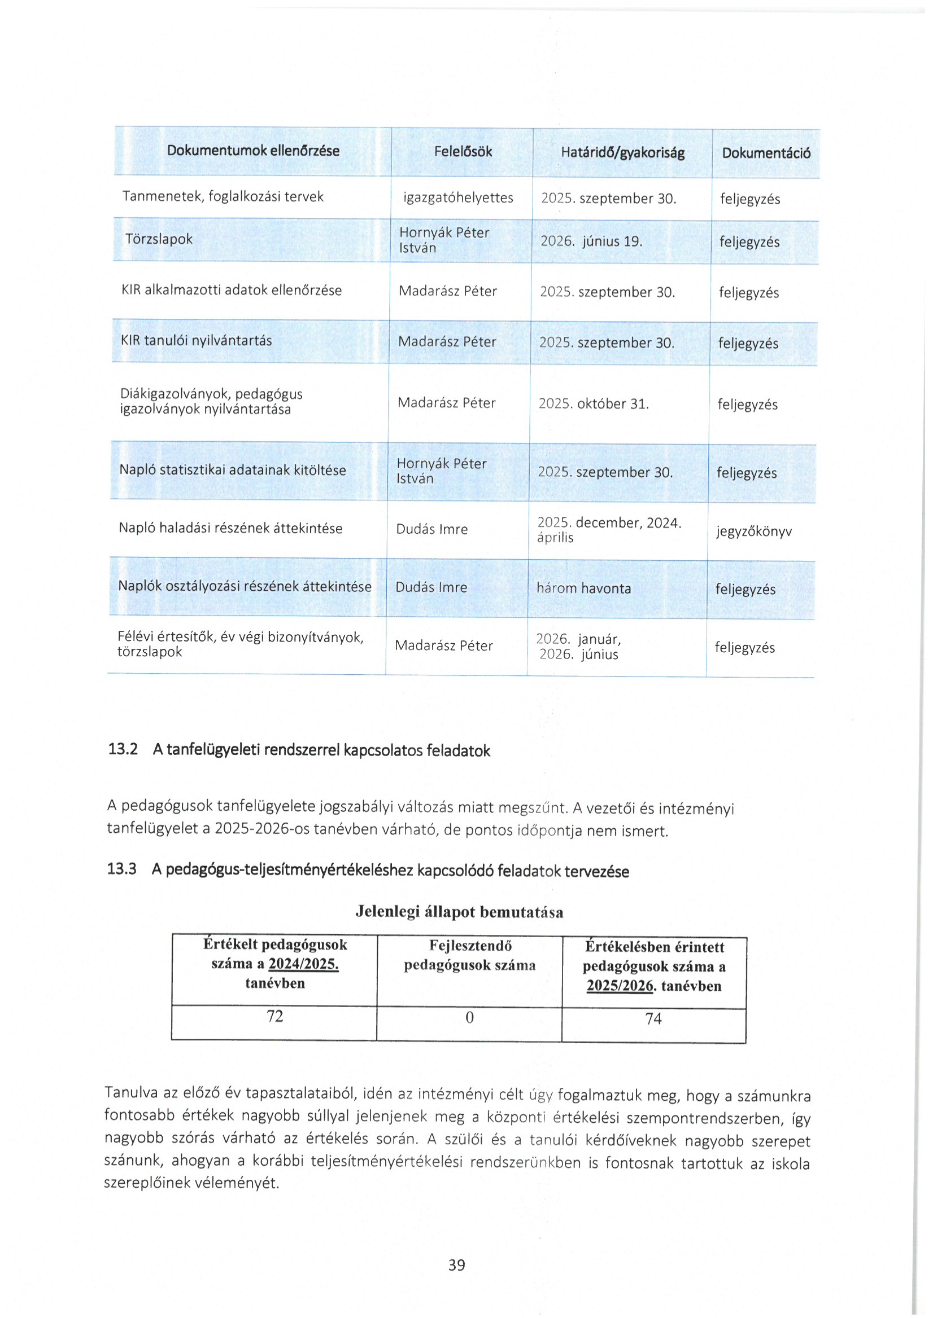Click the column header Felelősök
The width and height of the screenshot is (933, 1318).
[463, 152]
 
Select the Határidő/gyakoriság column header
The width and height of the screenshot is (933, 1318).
[622, 153]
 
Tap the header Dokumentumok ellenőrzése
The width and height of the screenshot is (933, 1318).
[253, 151]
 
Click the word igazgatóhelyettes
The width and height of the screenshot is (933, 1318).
[458, 198]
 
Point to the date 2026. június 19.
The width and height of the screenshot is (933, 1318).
[591, 241]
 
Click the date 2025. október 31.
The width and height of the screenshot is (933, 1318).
[593, 404]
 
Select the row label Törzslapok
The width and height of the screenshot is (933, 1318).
[159, 239]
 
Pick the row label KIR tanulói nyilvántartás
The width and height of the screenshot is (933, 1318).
[196, 341]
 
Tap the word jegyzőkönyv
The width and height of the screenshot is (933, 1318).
[754, 531]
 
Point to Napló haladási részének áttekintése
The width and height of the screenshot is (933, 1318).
[230, 528]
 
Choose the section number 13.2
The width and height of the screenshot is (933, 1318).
[123, 749]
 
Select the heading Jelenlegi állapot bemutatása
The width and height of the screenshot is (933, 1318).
[459, 912]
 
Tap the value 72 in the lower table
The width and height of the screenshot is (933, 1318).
[274, 1017]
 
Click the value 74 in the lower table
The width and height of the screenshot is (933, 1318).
[653, 1019]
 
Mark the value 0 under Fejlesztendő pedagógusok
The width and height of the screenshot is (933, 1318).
[469, 1018]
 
